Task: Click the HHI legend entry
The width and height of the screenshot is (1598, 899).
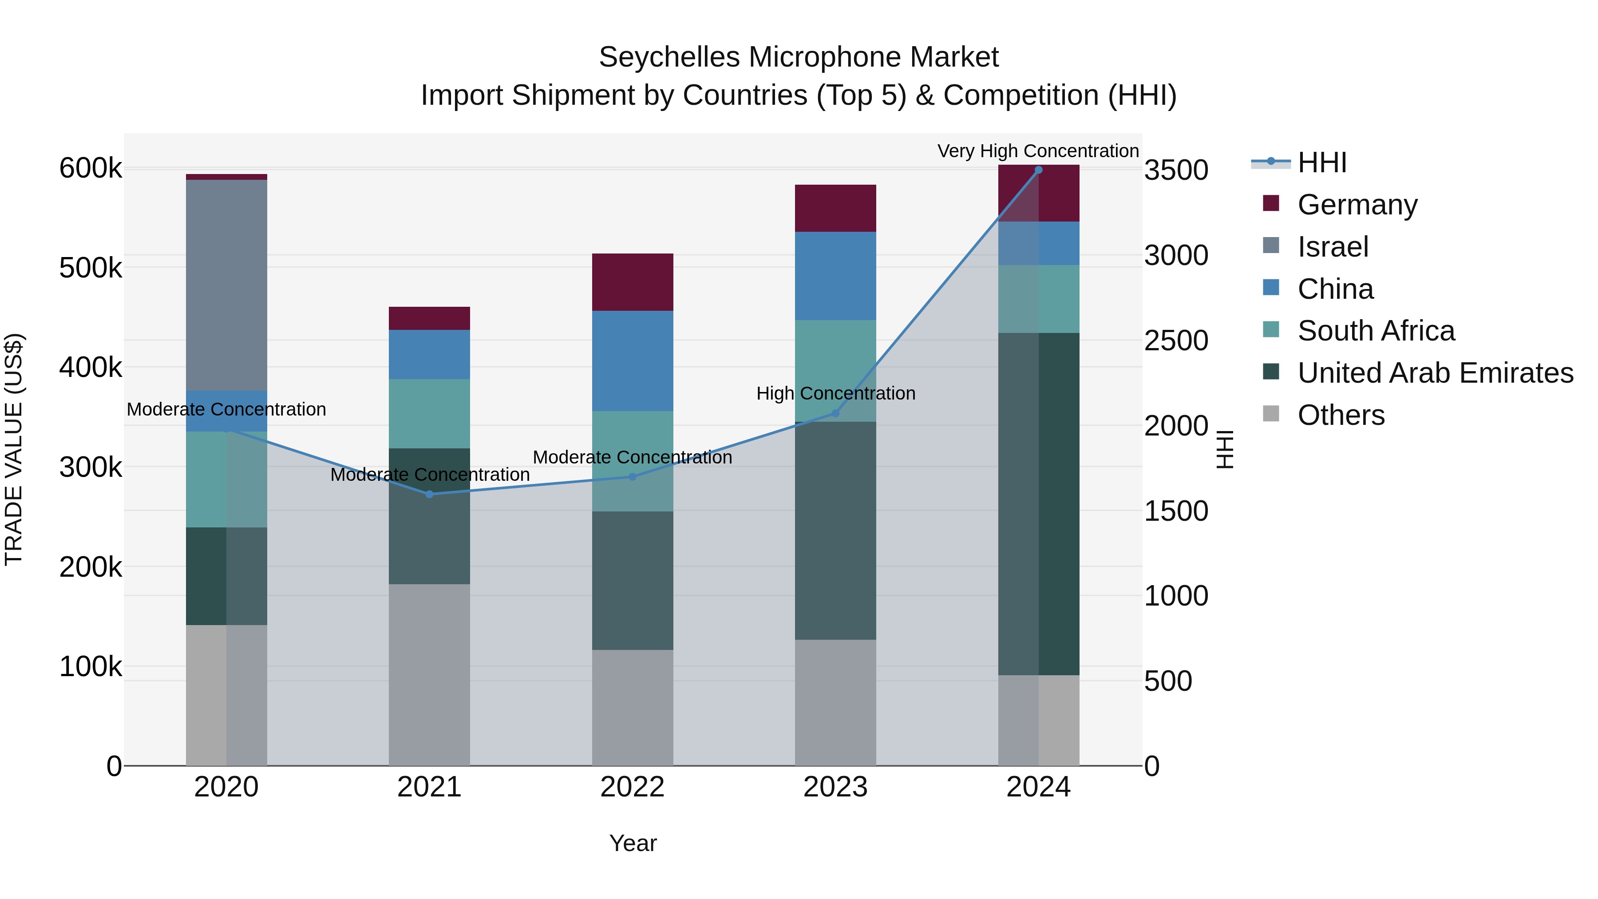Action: pos(1321,162)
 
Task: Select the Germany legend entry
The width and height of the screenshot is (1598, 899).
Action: pos(1357,205)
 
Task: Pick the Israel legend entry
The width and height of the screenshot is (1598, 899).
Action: pos(1333,247)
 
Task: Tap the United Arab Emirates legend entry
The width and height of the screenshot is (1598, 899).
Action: pos(1435,373)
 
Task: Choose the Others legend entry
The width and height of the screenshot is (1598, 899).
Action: pos(1341,415)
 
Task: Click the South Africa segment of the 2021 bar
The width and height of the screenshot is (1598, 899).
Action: pos(429,413)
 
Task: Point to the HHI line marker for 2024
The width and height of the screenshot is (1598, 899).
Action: pos(1038,170)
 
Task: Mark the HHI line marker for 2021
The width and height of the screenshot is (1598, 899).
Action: pos(429,494)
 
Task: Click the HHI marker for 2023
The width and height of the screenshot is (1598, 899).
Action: pos(835,413)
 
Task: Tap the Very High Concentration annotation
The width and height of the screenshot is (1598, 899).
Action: pos(1038,151)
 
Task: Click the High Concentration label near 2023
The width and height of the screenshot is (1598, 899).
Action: pos(835,393)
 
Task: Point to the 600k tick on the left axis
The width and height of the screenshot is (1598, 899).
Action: pos(91,168)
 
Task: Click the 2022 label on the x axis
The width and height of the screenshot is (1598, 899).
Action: pos(632,787)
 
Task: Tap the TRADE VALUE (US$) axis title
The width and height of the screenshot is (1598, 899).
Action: pos(14,449)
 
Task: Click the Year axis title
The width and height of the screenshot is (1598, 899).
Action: pos(633,843)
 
